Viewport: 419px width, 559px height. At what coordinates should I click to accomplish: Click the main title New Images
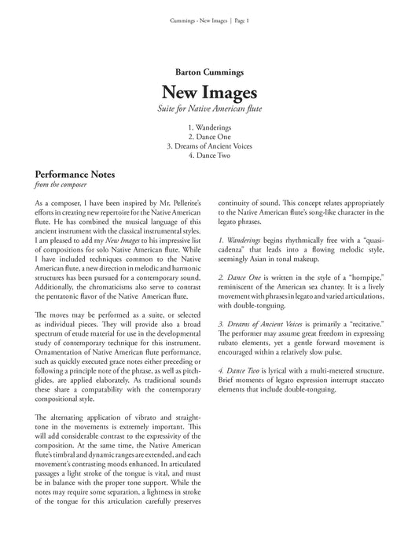(209, 93)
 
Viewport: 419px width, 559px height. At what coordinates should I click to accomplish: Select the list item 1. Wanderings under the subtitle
(209, 126)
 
